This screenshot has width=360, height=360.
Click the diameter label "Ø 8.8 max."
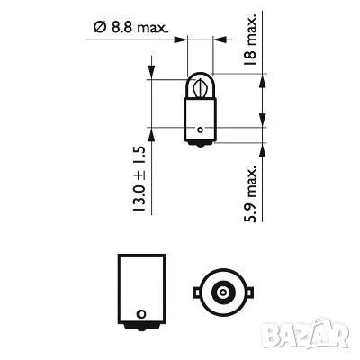click(132, 29)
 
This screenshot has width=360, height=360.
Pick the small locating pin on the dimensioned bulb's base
click(201, 130)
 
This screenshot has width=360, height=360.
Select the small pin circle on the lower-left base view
click(139, 314)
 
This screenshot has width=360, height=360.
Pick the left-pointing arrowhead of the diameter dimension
click(220, 40)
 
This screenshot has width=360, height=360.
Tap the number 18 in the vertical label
click(250, 56)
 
